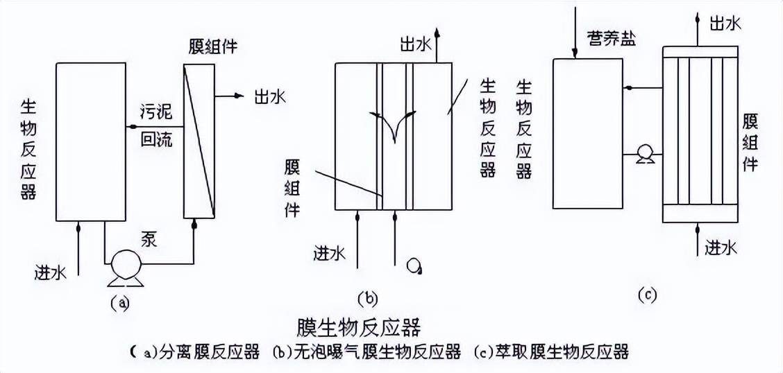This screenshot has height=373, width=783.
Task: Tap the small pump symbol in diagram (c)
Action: click(643, 154)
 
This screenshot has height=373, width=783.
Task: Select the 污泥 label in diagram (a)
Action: click(156, 113)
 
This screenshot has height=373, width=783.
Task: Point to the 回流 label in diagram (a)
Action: click(156, 140)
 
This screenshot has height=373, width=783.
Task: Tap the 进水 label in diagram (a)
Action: click(50, 272)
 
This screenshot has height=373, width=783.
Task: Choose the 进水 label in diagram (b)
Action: click(330, 253)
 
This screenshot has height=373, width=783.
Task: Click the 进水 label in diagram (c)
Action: click(721, 246)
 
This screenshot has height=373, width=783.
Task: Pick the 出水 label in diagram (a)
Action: click(270, 96)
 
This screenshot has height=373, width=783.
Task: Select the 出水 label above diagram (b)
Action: click(415, 45)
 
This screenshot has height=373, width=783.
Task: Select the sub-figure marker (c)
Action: click(647, 295)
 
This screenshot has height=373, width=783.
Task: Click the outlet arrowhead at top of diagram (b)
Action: click(437, 33)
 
